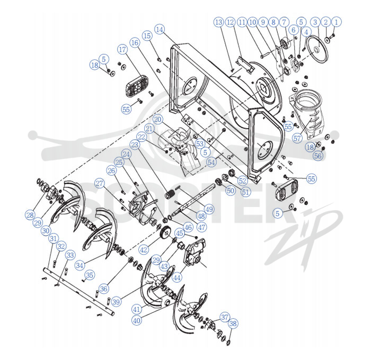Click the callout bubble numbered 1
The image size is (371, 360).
click(x=336, y=22)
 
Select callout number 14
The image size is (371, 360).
click(x=160, y=30)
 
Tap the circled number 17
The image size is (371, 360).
click(x=122, y=50)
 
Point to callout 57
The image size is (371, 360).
click(x=297, y=138)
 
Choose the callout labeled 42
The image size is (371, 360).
click(x=144, y=249)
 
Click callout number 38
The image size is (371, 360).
click(x=233, y=323)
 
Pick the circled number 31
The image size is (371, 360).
click(x=53, y=238)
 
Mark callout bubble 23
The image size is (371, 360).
click(x=135, y=145)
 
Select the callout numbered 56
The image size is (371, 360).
click(x=318, y=156)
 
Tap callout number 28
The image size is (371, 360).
click(x=30, y=215)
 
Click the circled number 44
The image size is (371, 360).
click(x=177, y=277)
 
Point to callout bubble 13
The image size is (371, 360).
click(x=218, y=22)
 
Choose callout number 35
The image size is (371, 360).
click(x=90, y=275)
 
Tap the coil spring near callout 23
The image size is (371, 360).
click(x=171, y=195)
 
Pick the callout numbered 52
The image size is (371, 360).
click(x=242, y=181)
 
